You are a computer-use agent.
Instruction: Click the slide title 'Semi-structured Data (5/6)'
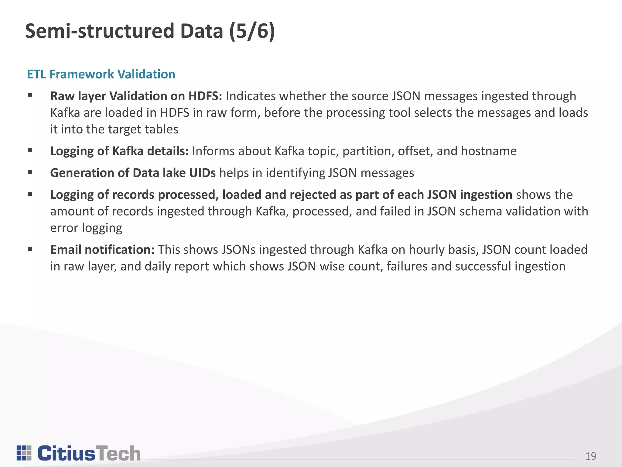(150, 31)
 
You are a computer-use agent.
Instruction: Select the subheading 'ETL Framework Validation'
(101, 74)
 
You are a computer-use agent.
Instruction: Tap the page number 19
(591, 456)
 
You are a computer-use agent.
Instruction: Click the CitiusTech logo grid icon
(24, 453)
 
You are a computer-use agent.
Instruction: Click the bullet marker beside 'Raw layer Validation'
(30, 96)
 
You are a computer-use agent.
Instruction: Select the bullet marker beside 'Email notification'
(30, 249)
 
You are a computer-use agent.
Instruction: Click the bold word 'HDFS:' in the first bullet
(205, 96)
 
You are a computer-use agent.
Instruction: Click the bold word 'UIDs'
(202, 173)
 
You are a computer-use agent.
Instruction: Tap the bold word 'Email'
(66, 250)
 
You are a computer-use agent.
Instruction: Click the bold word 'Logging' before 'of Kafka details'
(72, 151)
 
